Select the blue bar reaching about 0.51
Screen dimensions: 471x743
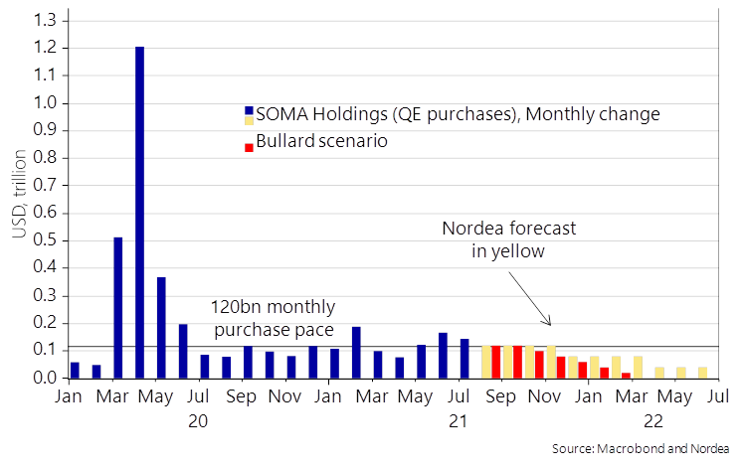click(x=118, y=307)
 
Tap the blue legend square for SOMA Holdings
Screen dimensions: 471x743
click(x=249, y=113)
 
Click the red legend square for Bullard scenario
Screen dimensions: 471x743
click(x=249, y=145)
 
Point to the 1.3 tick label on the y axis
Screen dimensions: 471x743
click(x=45, y=20)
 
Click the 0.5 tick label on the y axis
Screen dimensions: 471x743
click(x=45, y=240)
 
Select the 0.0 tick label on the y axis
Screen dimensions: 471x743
click(x=45, y=379)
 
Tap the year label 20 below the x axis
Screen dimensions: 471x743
click(x=198, y=421)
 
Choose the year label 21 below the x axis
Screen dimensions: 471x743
click(x=458, y=421)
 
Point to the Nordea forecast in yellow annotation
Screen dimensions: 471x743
click(x=509, y=239)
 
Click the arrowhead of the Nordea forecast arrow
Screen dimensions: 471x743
click(x=548, y=324)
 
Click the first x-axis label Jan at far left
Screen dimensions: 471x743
click(x=69, y=397)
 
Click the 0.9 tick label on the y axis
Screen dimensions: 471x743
click(x=45, y=130)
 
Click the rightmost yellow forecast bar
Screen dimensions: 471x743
click(x=702, y=373)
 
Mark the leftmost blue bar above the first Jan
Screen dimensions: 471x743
click(x=75, y=370)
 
